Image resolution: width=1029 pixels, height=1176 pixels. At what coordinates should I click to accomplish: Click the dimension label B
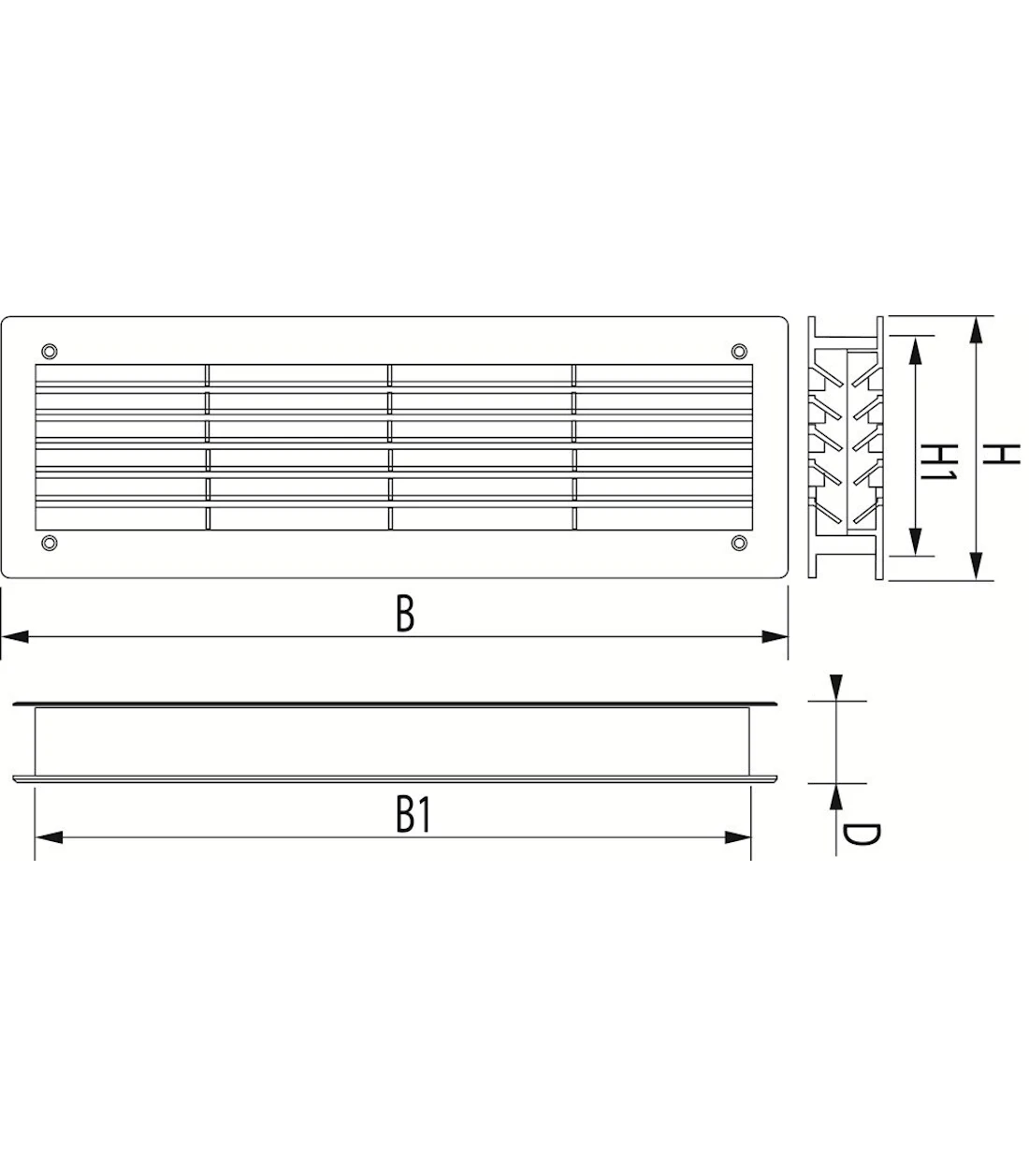tap(405, 615)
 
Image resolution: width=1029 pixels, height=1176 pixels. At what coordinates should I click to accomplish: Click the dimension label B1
tap(413, 815)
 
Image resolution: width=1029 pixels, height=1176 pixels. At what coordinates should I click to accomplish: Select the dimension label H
tap(1003, 454)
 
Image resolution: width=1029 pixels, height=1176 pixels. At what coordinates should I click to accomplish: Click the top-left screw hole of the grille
tap(50, 351)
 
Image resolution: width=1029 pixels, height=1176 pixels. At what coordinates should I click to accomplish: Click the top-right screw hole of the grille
tap(739, 351)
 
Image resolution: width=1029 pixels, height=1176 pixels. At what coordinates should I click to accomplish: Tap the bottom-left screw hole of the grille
tap(50, 543)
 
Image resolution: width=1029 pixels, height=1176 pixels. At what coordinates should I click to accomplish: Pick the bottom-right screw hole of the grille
tap(739, 543)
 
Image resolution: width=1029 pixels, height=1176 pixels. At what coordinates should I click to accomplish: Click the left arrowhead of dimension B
tap(15, 637)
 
